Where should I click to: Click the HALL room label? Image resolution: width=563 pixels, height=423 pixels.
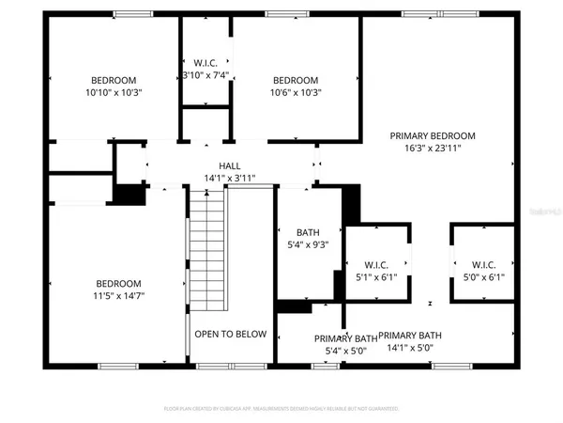tap(230, 164)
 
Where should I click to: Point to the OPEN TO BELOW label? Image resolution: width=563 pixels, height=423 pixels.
tap(230, 334)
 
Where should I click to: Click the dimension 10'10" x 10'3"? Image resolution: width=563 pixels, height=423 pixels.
tap(114, 92)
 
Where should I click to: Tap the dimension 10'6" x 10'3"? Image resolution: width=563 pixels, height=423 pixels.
tap(296, 92)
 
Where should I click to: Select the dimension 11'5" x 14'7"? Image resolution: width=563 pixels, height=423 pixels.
tap(118, 296)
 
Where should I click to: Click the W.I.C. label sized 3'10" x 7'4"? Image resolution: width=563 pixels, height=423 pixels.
tap(204, 62)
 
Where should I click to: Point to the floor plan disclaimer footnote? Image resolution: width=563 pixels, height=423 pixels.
tap(281, 409)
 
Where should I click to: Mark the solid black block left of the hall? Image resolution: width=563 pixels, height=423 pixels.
tap(129, 193)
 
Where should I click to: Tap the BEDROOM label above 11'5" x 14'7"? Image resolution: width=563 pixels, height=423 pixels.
tap(118, 284)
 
